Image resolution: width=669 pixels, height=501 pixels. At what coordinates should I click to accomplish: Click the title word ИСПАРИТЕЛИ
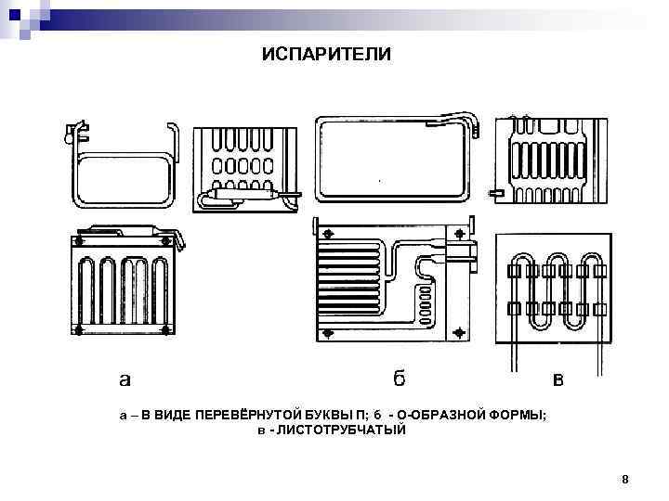[326, 55]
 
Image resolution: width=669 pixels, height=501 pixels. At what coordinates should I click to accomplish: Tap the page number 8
[625, 480]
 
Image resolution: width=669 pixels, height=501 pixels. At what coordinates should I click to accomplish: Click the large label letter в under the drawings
[557, 379]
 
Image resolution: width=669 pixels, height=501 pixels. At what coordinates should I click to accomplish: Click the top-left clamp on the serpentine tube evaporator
[513, 271]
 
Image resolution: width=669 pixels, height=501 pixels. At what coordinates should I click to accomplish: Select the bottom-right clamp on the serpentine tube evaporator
[598, 307]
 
